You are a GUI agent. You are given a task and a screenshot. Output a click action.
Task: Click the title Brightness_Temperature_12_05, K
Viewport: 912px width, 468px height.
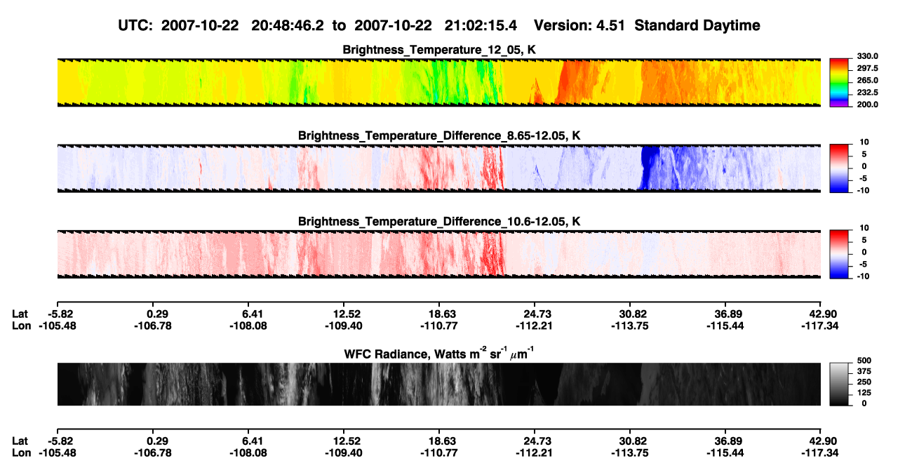tap(439, 50)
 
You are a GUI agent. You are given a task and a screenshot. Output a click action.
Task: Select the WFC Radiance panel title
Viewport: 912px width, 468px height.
tap(439, 354)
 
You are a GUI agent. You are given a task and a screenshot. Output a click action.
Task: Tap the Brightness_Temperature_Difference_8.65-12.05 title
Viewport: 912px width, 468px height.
tap(439, 135)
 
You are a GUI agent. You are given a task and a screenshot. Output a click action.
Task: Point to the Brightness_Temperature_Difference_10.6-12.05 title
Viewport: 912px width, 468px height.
tap(439, 222)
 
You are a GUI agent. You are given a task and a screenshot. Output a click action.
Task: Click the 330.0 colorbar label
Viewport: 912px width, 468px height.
tap(867, 56)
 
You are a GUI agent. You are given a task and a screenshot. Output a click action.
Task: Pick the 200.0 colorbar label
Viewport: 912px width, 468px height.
tap(867, 105)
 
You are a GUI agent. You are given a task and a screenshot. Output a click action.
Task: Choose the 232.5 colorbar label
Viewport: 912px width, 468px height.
tap(867, 93)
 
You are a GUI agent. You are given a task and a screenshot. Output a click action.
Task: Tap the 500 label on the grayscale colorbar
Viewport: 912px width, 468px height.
tap(864, 361)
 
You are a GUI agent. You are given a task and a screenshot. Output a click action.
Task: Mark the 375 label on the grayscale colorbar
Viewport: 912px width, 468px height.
tap(864, 371)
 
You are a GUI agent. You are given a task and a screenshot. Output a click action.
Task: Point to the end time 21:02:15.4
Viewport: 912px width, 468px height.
tap(481, 25)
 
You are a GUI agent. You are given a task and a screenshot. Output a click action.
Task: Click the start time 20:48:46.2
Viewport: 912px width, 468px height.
tap(288, 25)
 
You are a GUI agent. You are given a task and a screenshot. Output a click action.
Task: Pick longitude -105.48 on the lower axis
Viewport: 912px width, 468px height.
tap(58, 453)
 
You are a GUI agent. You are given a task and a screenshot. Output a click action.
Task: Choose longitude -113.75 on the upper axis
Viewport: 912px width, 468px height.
tap(629, 326)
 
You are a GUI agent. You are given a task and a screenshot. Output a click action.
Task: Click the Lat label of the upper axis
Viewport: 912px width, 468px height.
tap(20, 314)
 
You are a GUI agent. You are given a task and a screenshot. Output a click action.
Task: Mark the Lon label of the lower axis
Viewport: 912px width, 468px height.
tap(21, 453)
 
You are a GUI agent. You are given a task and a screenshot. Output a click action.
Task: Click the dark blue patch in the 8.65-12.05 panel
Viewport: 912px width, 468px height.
tap(650, 167)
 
